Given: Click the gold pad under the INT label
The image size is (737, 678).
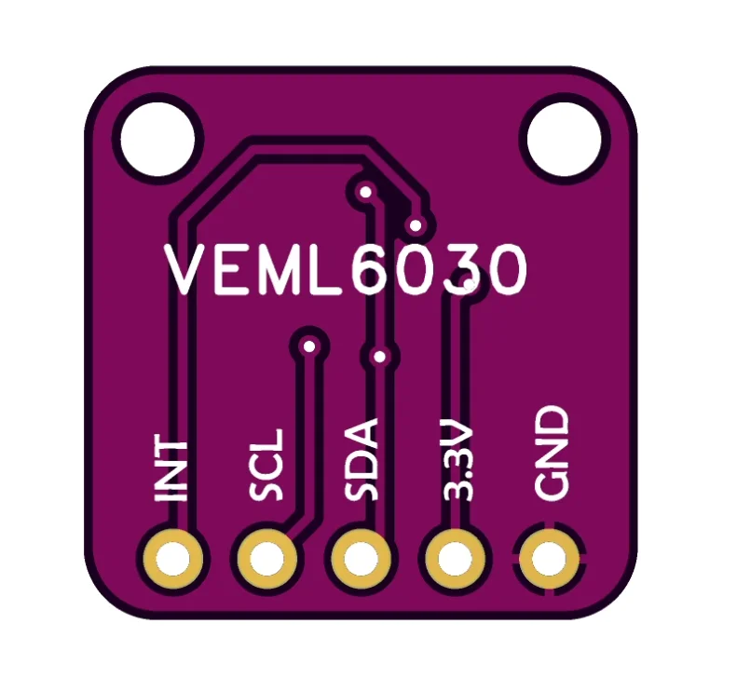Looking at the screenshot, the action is coord(172,560).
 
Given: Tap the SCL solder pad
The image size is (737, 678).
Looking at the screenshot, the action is coord(267,560).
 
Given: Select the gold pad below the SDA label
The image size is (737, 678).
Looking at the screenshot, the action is coord(359,560).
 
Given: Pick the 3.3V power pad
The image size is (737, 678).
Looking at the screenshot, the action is coord(455,560).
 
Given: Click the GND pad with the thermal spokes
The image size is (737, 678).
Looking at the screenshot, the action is coord(550,560).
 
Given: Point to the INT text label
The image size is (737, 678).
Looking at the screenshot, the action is coord(171,468).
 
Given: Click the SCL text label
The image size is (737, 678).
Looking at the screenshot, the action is coord(267,465).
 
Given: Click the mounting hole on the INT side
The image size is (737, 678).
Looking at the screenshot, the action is coord(157,139).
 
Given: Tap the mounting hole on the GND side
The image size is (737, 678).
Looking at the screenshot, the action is coord(563,139).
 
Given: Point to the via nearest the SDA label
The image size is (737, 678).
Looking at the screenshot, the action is coord(379,356).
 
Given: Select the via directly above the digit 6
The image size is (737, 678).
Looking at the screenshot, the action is coord(366,193).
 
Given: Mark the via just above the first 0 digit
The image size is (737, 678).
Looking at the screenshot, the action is coord(416,224).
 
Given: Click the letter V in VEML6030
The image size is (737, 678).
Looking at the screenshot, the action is coord(190,271).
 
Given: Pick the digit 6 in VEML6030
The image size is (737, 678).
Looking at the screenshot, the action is coord(377,271).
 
